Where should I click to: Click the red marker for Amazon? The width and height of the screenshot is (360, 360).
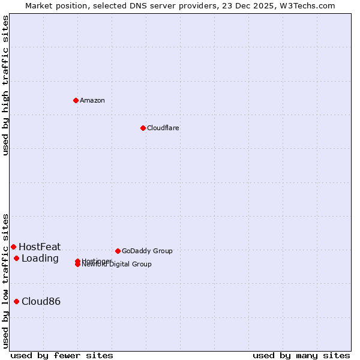click(x=76, y=100)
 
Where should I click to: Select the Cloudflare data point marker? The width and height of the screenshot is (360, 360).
click(x=143, y=128)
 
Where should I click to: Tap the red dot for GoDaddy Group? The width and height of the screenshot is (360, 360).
click(x=118, y=251)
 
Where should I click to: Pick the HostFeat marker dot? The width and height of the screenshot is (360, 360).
click(x=13, y=247)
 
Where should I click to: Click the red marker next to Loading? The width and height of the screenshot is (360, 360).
click(x=16, y=258)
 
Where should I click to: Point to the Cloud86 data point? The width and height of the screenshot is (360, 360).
click(x=16, y=301)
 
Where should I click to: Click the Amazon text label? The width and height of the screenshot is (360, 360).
click(x=92, y=100)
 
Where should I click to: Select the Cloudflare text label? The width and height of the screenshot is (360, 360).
click(x=163, y=128)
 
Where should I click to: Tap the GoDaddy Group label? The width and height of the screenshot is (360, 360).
click(x=147, y=251)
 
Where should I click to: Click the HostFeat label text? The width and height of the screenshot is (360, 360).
click(x=40, y=247)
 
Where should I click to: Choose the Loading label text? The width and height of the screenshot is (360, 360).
click(x=40, y=258)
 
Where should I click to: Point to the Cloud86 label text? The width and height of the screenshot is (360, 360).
click(x=41, y=301)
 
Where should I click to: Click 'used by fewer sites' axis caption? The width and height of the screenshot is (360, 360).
click(x=62, y=355)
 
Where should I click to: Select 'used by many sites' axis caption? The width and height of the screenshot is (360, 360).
click(x=301, y=355)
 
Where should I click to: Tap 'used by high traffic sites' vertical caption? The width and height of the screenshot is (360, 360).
click(x=5, y=85)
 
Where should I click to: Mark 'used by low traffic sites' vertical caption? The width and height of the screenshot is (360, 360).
click(x=5, y=281)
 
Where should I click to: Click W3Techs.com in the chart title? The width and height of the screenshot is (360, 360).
click(x=308, y=5)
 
